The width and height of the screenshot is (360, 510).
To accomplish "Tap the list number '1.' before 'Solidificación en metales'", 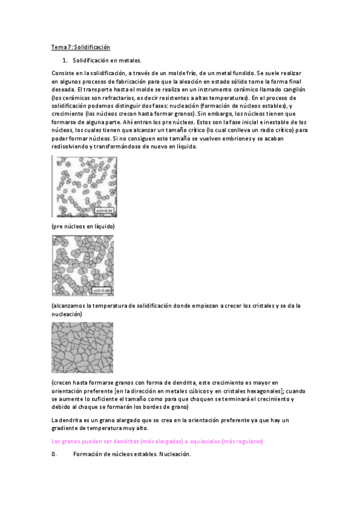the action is click(65, 61).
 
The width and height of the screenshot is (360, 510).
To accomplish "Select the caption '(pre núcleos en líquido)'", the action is click(83, 226).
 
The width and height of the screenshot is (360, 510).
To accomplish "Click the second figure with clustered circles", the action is click(83, 266).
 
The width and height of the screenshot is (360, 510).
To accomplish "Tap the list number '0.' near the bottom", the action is click(55, 455).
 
